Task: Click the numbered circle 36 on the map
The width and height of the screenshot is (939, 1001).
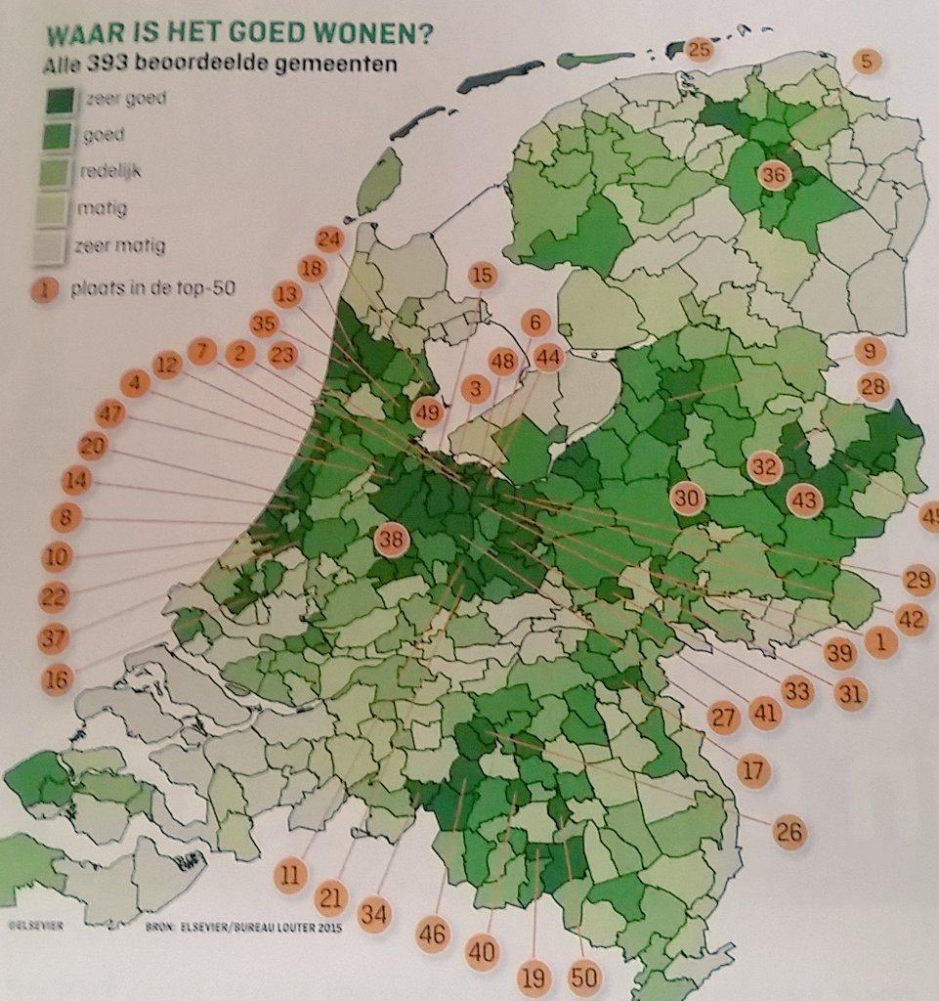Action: (773, 176)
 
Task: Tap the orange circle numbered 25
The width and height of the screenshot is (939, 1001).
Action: (699, 50)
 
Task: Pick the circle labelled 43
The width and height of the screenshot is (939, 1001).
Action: (805, 501)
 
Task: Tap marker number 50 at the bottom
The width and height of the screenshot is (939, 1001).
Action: (586, 979)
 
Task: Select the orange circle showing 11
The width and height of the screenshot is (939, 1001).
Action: (289, 876)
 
